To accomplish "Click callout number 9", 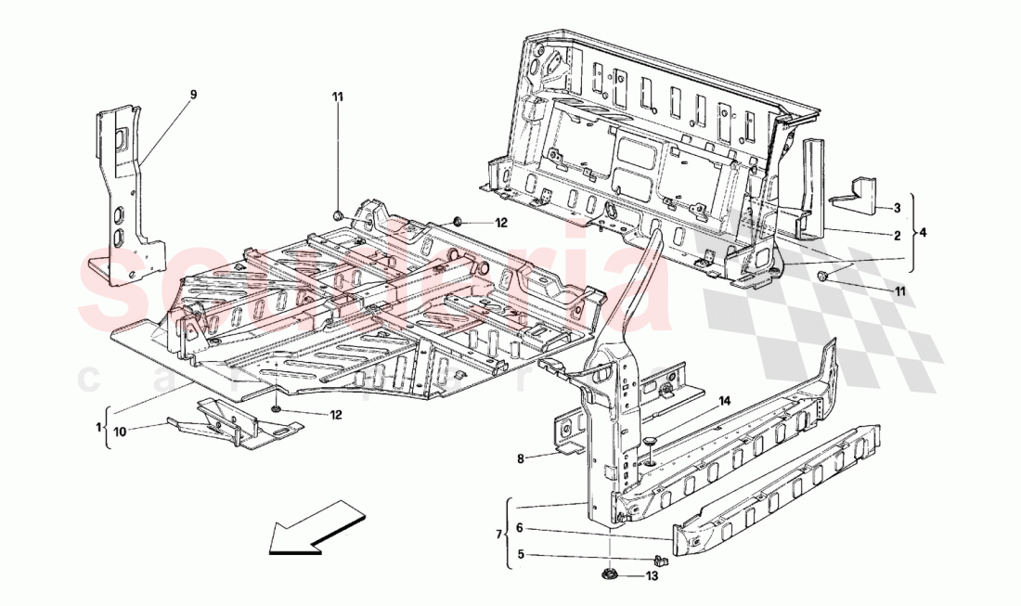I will tap(194, 95).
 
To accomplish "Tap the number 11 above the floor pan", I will tap(339, 96).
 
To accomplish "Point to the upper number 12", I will tap(501, 223).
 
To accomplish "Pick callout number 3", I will tap(898, 208).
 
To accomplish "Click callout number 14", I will tap(724, 400).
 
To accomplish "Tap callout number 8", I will tap(522, 458).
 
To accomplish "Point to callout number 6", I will tap(521, 527).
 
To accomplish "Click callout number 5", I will tap(521, 556).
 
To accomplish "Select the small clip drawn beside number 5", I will tap(660, 561).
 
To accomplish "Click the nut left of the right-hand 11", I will tap(823, 277).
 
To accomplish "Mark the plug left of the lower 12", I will tap(278, 409).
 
